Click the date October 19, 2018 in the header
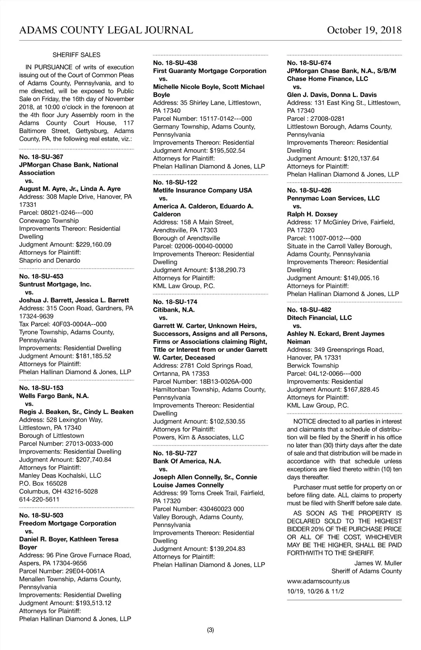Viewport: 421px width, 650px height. (364, 30)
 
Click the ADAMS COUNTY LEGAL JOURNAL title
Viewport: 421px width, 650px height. (106, 30)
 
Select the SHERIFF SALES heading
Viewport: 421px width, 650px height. (76, 55)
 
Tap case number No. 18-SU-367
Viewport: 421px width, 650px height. (41, 157)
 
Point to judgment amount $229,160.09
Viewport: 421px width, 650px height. (93, 245)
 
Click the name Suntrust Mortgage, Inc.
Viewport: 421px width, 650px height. (55, 284)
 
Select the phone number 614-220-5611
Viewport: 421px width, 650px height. (39, 499)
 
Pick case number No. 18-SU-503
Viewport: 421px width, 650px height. (41, 515)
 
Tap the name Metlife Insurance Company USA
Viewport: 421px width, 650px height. (202, 190)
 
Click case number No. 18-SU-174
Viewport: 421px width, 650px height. (175, 302)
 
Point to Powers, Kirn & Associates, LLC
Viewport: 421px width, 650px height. (198, 437)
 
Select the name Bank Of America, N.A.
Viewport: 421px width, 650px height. (187, 461)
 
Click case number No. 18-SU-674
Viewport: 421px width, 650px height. (309, 63)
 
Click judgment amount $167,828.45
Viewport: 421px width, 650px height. (361, 389)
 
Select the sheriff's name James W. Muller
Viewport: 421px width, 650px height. (378, 563)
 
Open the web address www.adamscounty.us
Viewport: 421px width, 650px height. (318, 581)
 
